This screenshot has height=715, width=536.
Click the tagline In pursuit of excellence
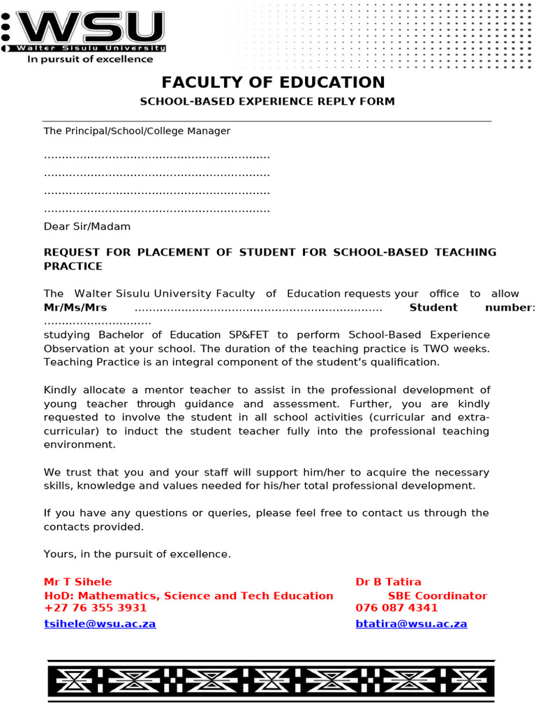pyautogui.click(x=89, y=59)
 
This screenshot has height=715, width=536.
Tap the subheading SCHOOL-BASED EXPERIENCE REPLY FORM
pyautogui.click(x=267, y=101)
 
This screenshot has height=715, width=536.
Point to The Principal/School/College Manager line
pyautogui.click(x=137, y=131)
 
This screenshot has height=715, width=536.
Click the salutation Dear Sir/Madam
pyautogui.click(x=87, y=226)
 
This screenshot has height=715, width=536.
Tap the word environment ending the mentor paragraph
pyautogui.click(x=79, y=444)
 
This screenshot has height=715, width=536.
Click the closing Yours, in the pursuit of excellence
pyautogui.click(x=137, y=554)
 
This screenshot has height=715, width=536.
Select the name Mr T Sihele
pyautogui.click(x=77, y=582)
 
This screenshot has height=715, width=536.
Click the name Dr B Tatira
pyautogui.click(x=388, y=582)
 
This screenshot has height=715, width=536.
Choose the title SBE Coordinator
pyautogui.click(x=438, y=596)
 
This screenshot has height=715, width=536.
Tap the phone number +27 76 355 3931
pyautogui.click(x=95, y=608)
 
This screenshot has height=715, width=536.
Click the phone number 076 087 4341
pyautogui.click(x=396, y=608)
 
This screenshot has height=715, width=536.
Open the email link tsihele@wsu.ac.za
pyautogui.click(x=100, y=624)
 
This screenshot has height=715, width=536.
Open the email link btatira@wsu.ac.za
pyautogui.click(x=411, y=624)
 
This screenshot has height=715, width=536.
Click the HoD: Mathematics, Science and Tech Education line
pyautogui.click(x=188, y=596)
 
